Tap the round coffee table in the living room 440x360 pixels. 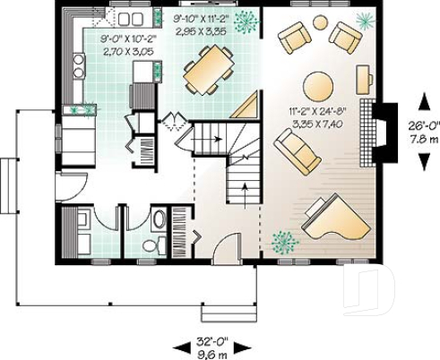(x=318, y=86)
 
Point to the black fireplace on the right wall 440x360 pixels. (x=385, y=133)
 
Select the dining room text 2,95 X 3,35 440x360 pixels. (x=203, y=30)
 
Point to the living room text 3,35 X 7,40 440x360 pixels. (x=315, y=123)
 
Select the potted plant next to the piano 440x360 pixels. (x=285, y=241)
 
